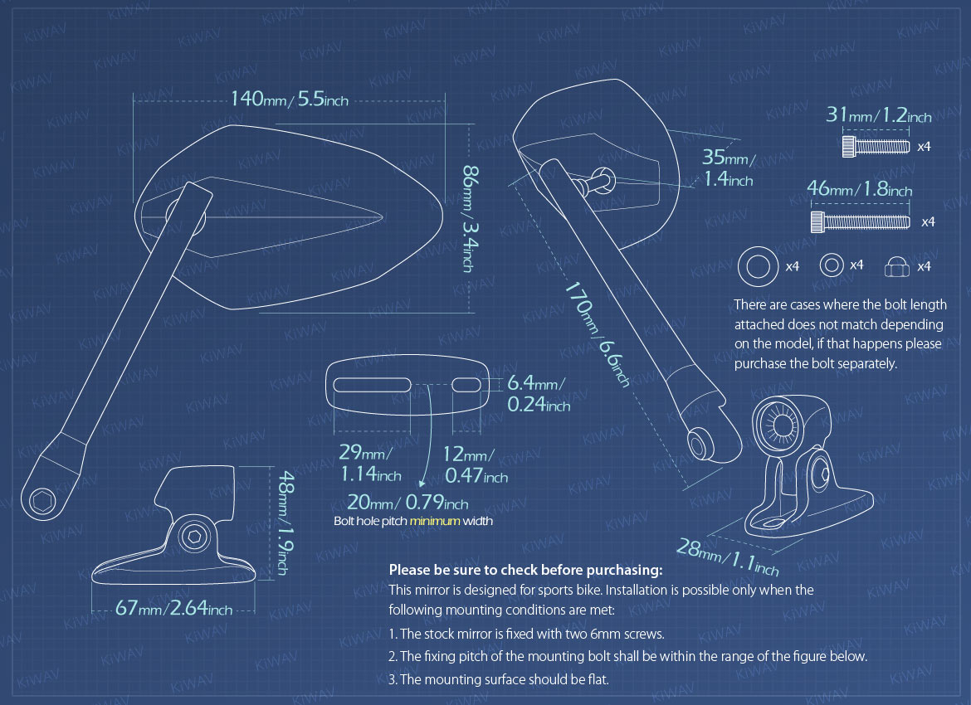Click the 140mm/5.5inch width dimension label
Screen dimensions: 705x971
[x=289, y=100]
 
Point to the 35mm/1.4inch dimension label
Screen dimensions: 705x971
[x=729, y=168]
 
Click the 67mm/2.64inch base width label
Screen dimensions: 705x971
[x=173, y=609]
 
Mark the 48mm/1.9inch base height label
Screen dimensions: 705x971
[x=282, y=523]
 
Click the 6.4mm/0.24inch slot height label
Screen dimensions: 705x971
[x=538, y=393]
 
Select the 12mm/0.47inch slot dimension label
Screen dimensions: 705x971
[x=476, y=466]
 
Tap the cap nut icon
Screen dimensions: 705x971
[x=895, y=266]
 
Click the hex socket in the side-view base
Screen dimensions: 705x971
[x=194, y=537]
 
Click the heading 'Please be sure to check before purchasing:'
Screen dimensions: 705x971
[x=525, y=570]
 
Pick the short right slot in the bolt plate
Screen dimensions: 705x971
[x=468, y=385]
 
